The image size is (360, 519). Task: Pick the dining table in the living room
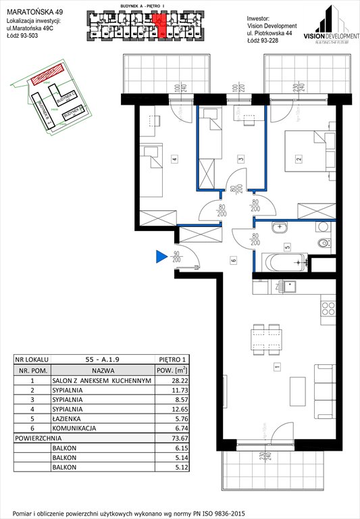(259, 339)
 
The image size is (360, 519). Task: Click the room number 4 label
(174, 159)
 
